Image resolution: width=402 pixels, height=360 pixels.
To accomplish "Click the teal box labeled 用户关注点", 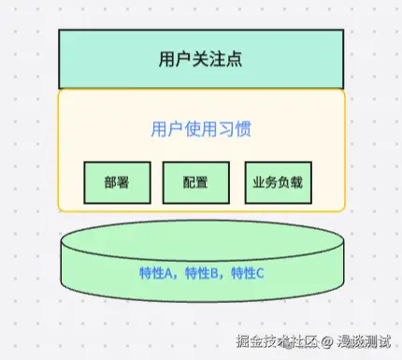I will [201, 58].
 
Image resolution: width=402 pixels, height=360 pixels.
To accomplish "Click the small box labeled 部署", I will [117, 183].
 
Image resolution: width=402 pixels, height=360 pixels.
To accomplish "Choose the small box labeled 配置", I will [196, 183].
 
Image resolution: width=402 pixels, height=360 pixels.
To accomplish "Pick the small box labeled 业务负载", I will [278, 183].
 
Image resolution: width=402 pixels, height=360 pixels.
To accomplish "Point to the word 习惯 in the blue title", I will [238, 129].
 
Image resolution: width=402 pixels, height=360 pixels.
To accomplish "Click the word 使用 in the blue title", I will [201, 129].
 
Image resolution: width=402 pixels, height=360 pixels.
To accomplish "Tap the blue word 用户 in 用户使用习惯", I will [165, 129].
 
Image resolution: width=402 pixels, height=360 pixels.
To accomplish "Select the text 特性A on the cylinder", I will [158, 273].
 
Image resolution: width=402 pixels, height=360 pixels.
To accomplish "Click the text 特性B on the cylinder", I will [204, 273].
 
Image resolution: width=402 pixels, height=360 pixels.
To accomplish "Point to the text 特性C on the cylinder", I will [249, 273].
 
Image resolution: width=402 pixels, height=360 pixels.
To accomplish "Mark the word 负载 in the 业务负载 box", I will [289, 183].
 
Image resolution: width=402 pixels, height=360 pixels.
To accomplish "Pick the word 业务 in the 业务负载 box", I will [266, 183].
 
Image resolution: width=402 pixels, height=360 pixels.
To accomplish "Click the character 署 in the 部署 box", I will [123, 183].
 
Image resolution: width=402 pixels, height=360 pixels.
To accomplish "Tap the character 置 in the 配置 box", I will [203, 183].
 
